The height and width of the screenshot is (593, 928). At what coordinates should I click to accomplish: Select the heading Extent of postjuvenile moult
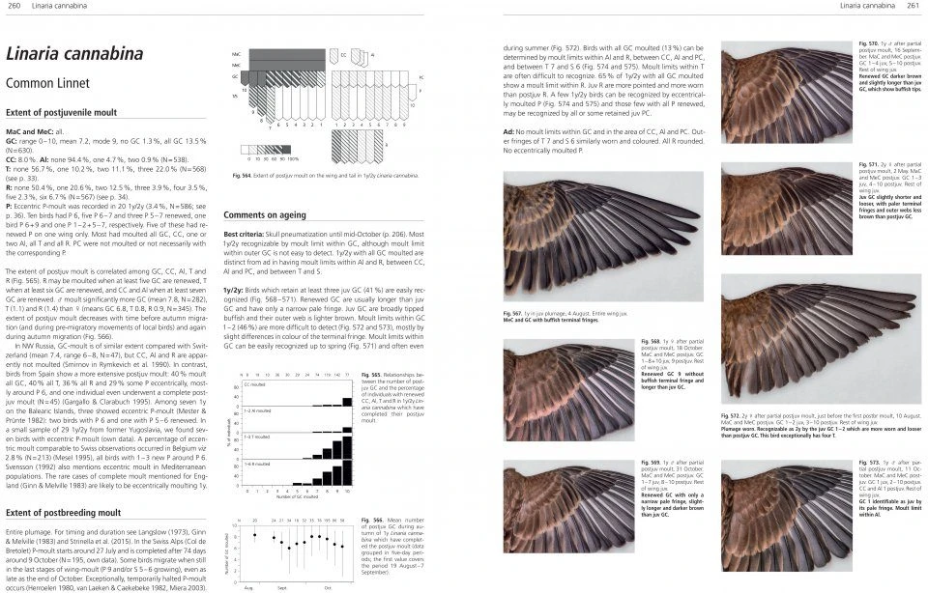click(x=65, y=113)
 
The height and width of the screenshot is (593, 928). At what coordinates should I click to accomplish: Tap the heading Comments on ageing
click(x=265, y=214)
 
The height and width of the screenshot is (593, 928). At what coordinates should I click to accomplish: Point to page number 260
click(x=14, y=7)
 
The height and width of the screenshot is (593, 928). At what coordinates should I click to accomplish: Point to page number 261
click(x=912, y=7)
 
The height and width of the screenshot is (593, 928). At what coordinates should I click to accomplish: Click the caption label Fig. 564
click(x=242, y=175)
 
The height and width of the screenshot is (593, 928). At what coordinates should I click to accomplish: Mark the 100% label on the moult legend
click(x=293, y=157)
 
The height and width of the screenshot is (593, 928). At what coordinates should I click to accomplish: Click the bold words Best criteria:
click(x=246, y=235)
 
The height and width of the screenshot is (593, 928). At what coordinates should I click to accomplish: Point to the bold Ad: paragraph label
click(x=508, y=131)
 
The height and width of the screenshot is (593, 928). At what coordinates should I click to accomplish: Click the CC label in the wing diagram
click(x=343, y=55)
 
